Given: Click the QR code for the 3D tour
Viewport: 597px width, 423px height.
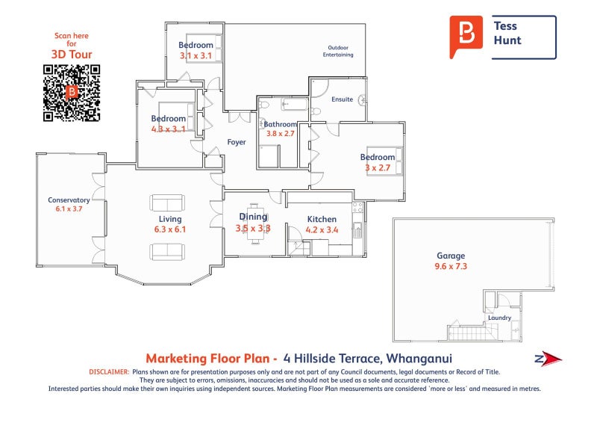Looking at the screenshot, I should (x=72, y=93).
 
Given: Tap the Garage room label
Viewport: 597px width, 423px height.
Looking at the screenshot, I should (x=451, y=255).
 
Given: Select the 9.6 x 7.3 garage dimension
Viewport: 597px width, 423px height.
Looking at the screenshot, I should (x=451, y=266).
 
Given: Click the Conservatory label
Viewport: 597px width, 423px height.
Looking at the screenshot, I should (x=69, y=200).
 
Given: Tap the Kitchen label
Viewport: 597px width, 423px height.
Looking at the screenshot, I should (x=322, y=219).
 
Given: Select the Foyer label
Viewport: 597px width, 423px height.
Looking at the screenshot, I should (x=237, y=142).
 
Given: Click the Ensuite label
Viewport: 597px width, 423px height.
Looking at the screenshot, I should (x=343, y=99).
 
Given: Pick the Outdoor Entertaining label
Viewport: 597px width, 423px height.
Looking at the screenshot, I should (x=338, y=51).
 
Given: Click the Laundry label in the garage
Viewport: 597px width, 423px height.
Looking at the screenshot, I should (x=499, y=318).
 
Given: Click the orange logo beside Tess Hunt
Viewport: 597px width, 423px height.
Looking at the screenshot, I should (x=467, y=36).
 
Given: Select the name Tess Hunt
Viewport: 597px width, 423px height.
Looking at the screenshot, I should (x=507, y=33).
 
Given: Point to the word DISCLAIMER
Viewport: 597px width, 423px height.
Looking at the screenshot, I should (x=108, y=371).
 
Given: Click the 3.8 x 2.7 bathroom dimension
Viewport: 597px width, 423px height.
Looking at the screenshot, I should (x=277, y=134).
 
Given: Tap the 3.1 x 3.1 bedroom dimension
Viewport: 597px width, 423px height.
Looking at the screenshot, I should (x=195, y=55).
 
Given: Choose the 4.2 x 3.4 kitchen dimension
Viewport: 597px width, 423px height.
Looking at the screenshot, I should (x=322, y=230).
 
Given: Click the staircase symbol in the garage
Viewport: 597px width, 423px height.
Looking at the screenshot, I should (x=464, y=330).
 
